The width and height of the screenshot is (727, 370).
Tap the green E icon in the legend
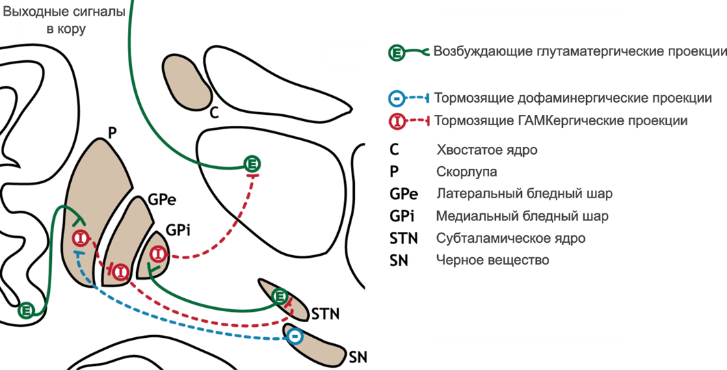coord(397,52)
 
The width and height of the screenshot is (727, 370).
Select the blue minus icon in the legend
coord(397,98)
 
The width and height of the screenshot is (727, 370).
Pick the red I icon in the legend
coord(397,122)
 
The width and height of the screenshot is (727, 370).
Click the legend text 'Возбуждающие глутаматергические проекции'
coord(580,52)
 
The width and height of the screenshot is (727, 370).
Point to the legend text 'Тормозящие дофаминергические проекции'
coord(573,98)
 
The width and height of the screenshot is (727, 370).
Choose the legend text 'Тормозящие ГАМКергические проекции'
coord(561,122)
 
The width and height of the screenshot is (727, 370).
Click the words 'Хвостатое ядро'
coord(487,150)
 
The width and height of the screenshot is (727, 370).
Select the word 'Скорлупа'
coord(466,172)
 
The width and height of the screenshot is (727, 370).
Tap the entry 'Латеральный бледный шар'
coord(525,194)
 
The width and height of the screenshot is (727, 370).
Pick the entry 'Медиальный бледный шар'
coord(523,217)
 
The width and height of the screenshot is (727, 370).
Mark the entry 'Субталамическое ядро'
coord(511,239)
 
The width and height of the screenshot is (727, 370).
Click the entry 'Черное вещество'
coord(492,261)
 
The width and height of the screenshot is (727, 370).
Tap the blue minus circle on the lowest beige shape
coord(295,336)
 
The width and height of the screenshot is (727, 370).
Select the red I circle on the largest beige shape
coord(81,239)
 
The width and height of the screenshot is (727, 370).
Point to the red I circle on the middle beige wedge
coord(120,272)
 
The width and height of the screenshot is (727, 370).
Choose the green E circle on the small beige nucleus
coord(279,296)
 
